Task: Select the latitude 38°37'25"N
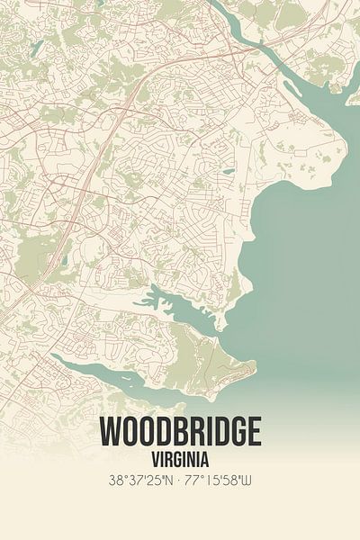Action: pyautogui.click(x=136, y=481)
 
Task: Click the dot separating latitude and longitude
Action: pyautogui.click(x=180, y=481)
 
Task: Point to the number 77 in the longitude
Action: pyautogui.click(x=195, y=481)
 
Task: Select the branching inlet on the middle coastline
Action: pyautogui.click(x=180, y=306)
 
